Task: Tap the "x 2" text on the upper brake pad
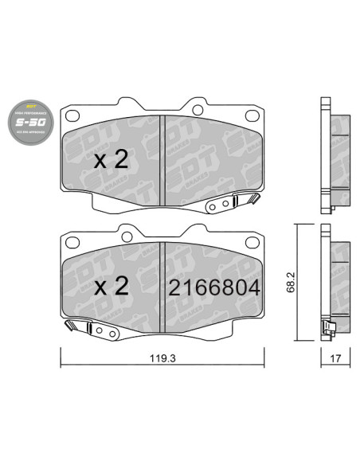coord(111,160)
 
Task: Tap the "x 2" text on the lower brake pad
coord(111,287)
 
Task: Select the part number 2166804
coord(213,287)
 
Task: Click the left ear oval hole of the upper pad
coord(72,117)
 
